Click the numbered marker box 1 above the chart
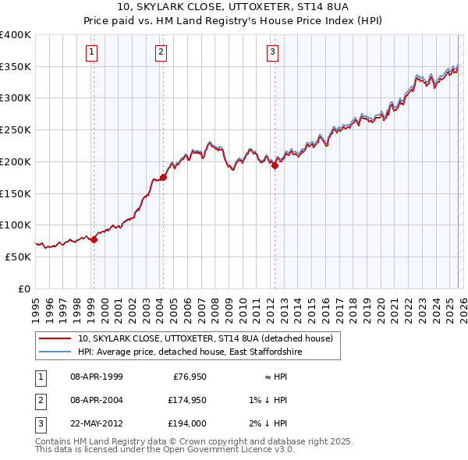coord(92,52)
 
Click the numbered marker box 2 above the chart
coord(161,52)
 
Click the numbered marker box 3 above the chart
coord(273,52)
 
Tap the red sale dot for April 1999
coord(94,239)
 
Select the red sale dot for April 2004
coord(163,177)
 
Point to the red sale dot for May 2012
coord(275,165)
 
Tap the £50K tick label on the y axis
coord(18,257)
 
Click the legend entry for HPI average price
coord(189,352)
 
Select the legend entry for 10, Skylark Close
coord(205,338)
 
